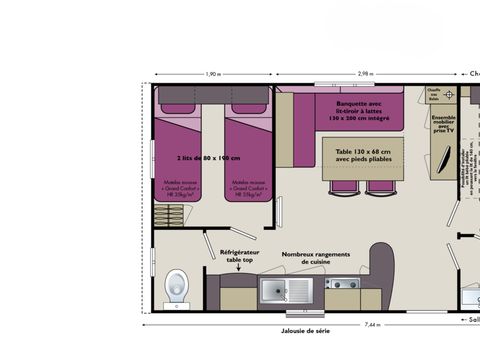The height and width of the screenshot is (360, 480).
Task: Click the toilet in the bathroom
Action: tap(176, 288)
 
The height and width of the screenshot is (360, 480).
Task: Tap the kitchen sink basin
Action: tap(273, 291)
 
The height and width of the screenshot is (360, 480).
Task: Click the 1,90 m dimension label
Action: tap(212, 74)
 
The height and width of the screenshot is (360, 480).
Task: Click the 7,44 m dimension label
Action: tap(371, 325)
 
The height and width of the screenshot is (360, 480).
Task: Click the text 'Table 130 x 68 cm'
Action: tap(362, 143)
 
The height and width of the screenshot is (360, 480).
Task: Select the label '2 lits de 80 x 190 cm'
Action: tap(211, 158)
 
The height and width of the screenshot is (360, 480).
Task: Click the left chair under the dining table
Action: tap(343, 186)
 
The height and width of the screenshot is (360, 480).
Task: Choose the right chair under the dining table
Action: tap(379, 186)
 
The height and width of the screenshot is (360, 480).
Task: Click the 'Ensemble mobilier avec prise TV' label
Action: tap(443, 123)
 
